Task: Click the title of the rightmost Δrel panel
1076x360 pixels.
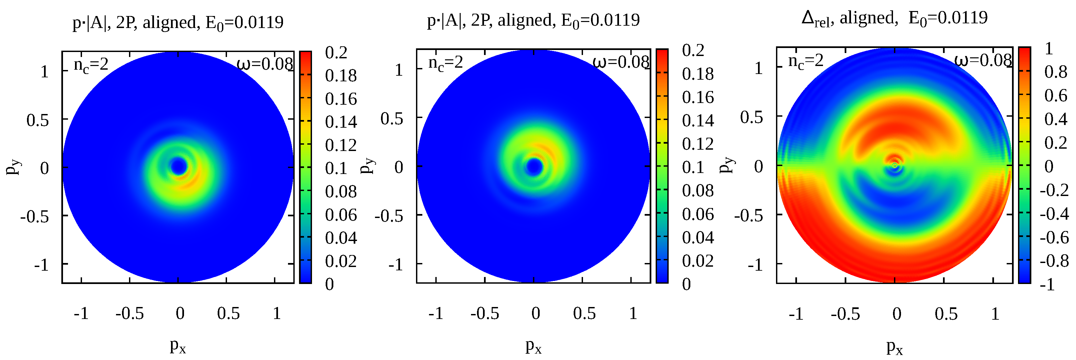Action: click(x=894, y=18)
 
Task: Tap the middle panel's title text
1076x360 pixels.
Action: click(x=533, y=20)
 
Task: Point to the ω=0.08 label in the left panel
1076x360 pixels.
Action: click(x=265, y=64)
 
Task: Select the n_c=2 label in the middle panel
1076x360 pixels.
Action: click(x=446, y=63)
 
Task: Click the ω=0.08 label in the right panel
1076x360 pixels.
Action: click(x=983, y=61)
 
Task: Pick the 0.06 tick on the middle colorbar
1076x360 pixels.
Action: click(x=698, y=214)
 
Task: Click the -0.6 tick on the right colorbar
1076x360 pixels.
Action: click(x=1054, y=238)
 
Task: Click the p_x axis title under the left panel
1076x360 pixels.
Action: click(x=178, y=346)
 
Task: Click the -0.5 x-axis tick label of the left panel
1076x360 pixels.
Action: click(x=129, y=313)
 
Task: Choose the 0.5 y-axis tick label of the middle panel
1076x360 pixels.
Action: click(x=391, y=119)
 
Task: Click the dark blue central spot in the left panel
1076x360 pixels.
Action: click(x=179, y=167)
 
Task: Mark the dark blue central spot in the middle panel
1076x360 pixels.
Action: click(x=534, y=166)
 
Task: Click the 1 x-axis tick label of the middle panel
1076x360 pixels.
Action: click(x=633, y=313)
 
